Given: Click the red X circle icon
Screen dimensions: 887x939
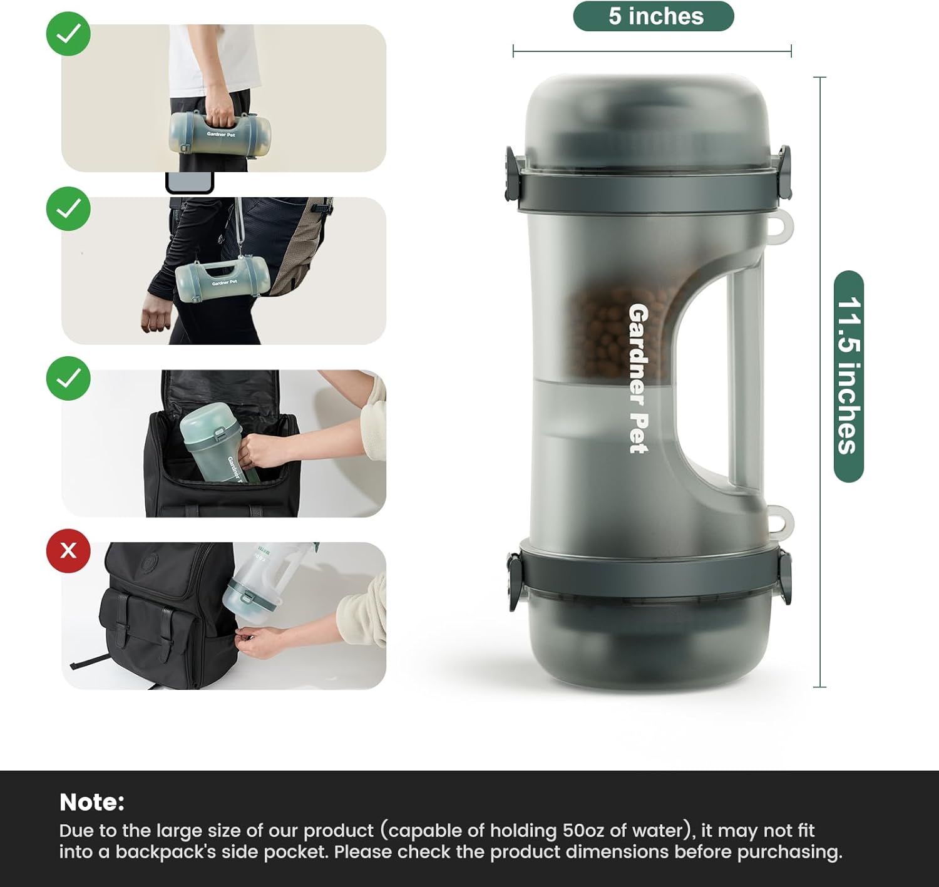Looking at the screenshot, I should [x=68, y=551].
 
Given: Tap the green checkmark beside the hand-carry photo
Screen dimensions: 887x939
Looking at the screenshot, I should [x=68, y=34].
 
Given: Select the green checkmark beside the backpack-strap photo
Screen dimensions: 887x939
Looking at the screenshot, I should [x=68, y=208].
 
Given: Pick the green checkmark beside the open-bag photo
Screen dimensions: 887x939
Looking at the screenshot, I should [x=68, y=379].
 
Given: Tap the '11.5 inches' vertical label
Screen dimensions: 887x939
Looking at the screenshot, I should [x=848, y=376].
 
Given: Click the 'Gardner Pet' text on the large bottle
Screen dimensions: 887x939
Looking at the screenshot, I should [x=638, y=378].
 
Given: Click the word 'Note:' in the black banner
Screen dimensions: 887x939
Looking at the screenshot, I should [x=92, y=802].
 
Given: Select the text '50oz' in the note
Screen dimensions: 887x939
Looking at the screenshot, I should [x=583, y=831].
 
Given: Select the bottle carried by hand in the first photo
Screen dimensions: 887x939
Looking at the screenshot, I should [x=220, y=133].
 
